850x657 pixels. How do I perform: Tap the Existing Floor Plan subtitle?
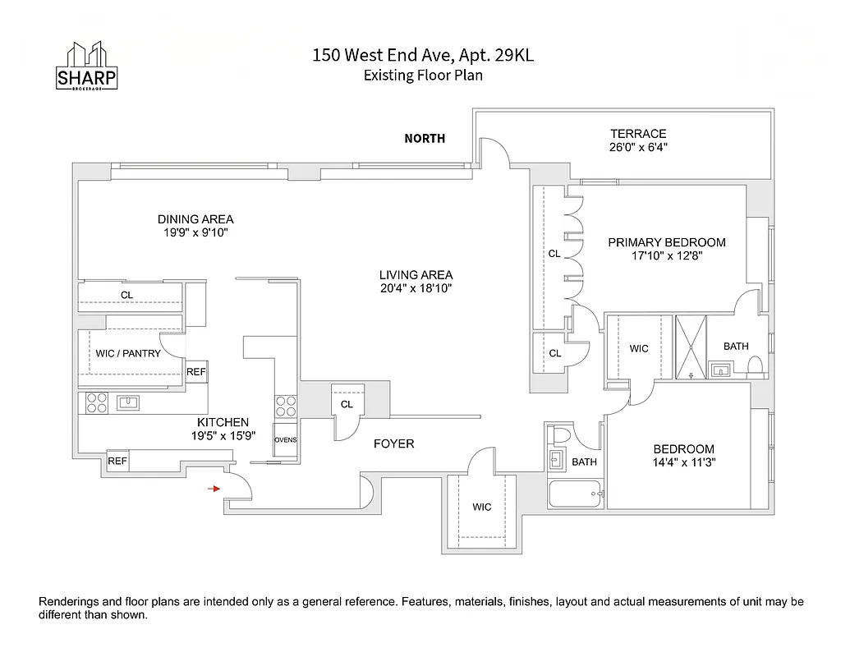pos(423,75)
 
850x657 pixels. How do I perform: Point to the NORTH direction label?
pos(425,139)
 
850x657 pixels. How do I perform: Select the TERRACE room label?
pos(638,134)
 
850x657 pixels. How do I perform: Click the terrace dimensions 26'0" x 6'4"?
pos(638,148)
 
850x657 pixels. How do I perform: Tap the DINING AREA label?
pos(195,219)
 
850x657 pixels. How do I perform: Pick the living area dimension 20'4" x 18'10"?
pos(416,288)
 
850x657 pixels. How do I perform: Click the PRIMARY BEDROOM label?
pos(667,242)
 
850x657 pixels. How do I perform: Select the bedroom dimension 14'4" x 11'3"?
pos(683,463)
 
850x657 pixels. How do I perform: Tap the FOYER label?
pos(394,443)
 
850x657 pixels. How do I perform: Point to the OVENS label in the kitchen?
pos(285,440)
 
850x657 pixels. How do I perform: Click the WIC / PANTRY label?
pos(128,354)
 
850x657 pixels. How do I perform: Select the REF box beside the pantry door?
pos(196,372)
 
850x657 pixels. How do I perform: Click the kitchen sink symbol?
pos(128,402)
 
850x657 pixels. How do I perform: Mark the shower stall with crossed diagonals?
pos(691,345)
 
